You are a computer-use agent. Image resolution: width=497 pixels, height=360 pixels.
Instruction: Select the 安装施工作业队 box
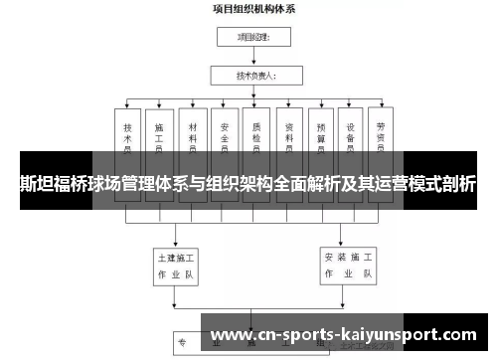pyautogui.click(x=348, y=264)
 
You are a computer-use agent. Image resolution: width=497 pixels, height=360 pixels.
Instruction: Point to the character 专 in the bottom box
pyautogui.click(x=183, y=343)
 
